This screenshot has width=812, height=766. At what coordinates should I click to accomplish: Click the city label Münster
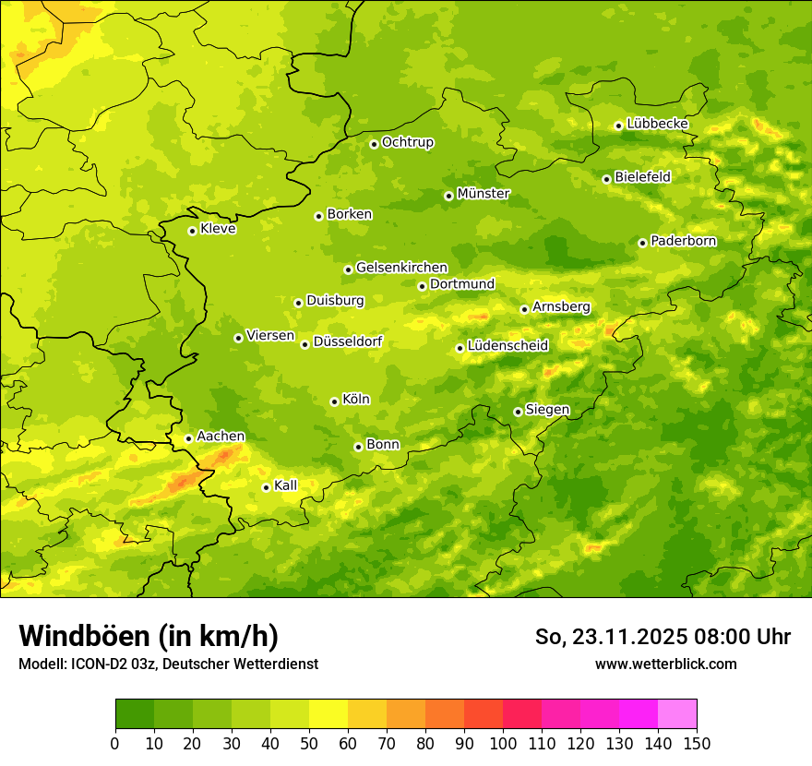click(x=483, y=194)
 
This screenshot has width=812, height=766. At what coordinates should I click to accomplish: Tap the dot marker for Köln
click(x=334, y=401)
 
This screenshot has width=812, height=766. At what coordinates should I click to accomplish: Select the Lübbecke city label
click(x=657, y=124)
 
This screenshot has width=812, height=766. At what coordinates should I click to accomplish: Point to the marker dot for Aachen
click(x=188, y=438)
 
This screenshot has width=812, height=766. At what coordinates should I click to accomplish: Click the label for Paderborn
click(x=683, y=241)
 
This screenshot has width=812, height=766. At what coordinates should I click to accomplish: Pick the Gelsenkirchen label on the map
click(x=401, y=268)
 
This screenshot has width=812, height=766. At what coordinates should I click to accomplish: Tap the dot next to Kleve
click(x=192, y=231)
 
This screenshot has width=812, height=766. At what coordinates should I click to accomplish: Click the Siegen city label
click(x=547, y=410)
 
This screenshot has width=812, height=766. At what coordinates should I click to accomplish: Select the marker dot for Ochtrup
click(x=374, y=144)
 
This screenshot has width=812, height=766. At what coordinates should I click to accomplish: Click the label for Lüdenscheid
click(x=507, y=346)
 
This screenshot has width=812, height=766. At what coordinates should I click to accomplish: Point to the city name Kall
click(x=285, y=485)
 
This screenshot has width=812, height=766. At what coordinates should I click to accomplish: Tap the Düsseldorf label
click(x=347, y=341)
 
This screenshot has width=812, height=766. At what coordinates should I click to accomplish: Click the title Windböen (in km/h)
click(x=149, y=636)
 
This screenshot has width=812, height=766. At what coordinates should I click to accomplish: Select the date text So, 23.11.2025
click(x=610, y=637)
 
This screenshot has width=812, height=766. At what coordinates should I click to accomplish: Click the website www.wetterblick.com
click(x=665, y=664)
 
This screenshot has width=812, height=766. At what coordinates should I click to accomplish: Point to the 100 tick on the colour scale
click(x=503, y=744)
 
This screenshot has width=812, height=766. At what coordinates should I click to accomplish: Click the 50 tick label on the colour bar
click(x=309, y=744)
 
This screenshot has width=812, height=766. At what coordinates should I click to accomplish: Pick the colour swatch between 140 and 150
click(x=677, y=714)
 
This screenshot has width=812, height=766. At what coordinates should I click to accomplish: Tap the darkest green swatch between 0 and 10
click(x=135, y=714)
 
